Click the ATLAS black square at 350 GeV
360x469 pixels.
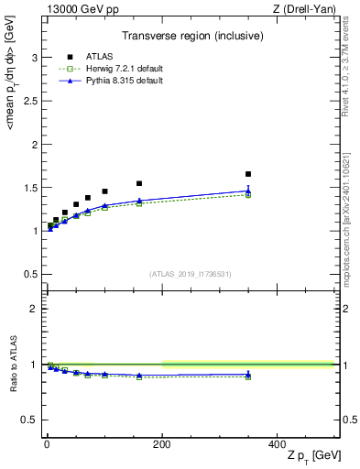[x=248, y=174]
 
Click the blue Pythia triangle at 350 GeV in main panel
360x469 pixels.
[x=248, y=191]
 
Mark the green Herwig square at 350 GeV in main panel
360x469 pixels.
[x=248, y=195]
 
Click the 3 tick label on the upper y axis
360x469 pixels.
[x=34, y=58]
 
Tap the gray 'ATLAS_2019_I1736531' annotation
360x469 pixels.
[x=191, y=274]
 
